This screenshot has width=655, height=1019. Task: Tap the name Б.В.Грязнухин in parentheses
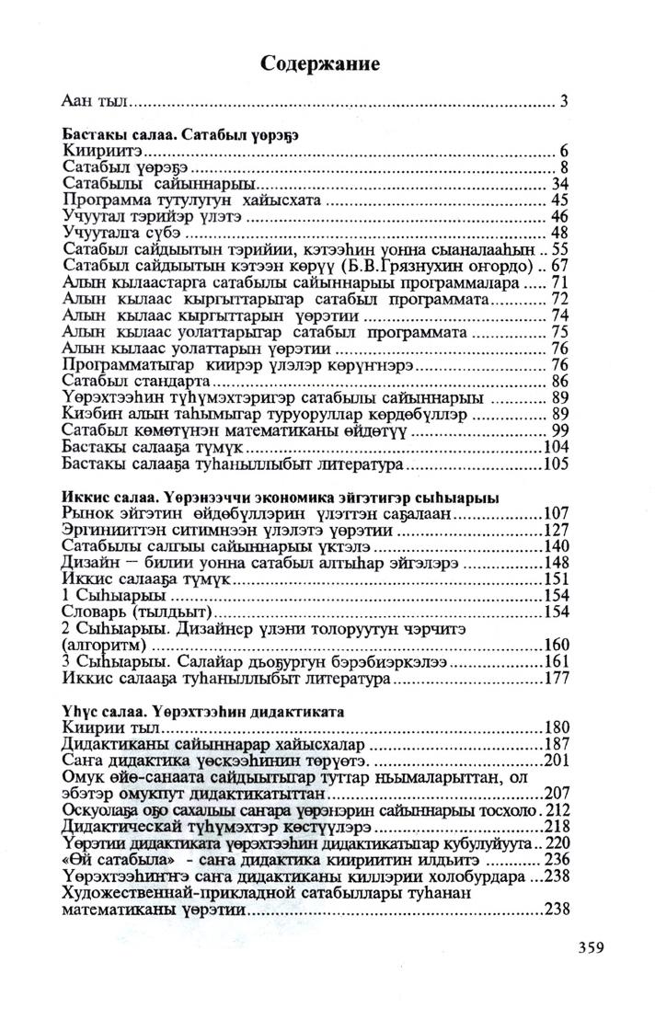[420, 267]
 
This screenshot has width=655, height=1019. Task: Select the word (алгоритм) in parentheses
[103, 646]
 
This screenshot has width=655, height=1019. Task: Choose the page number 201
[557, 761]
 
